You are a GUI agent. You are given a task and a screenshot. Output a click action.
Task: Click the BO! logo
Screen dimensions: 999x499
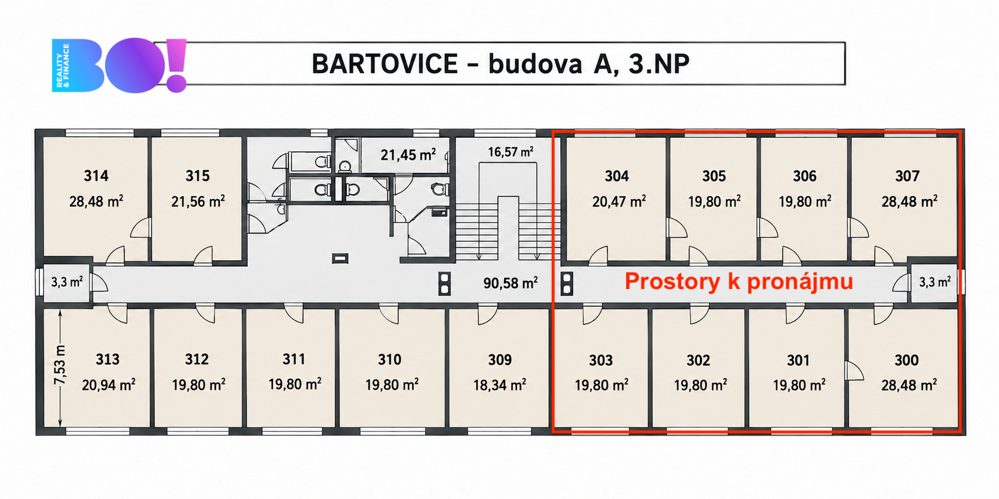tap(119, 65)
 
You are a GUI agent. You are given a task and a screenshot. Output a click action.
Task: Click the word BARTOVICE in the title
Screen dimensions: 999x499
tap(385, 64)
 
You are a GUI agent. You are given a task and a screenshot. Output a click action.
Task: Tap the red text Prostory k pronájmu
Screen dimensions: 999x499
tap(739, 281)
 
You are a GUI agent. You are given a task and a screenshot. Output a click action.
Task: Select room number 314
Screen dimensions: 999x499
tap(96, 175)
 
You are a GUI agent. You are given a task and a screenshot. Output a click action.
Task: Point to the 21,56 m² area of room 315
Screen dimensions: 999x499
tap(198, 201)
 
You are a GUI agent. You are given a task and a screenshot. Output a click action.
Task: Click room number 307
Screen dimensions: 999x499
tap(908, 176)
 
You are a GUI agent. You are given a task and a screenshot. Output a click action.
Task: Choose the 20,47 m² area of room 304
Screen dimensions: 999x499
tap(619, 201)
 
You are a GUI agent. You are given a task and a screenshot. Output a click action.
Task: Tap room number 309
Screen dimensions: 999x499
tap(499, 359)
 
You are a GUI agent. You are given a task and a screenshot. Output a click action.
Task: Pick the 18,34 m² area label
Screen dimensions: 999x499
tap(499, 384)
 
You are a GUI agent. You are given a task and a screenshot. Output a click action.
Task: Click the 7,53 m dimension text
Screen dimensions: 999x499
tap(60, 364)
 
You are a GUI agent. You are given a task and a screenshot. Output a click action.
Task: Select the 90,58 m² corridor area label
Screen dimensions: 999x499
tap(511, 283)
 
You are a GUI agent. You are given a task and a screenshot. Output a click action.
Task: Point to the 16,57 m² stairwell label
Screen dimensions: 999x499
tap(511, 152)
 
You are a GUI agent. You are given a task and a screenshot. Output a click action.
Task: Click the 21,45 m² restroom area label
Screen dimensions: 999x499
tap(408, 155)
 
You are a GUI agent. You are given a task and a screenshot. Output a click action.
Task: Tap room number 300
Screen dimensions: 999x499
tap(907, 360)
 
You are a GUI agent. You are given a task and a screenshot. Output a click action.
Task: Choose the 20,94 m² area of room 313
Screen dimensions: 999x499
tap(109, 384)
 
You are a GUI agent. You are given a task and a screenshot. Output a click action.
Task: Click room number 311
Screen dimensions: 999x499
tap(294, 359)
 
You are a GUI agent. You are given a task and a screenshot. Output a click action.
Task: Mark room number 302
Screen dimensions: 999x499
tap(699, 360)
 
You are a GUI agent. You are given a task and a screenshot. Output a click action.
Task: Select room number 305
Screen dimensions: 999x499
tap(714, 176)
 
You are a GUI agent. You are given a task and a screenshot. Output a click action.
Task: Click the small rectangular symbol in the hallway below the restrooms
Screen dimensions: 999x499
tap(340, 258)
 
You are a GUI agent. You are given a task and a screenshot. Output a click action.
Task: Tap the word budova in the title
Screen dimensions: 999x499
tap(535, 64)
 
